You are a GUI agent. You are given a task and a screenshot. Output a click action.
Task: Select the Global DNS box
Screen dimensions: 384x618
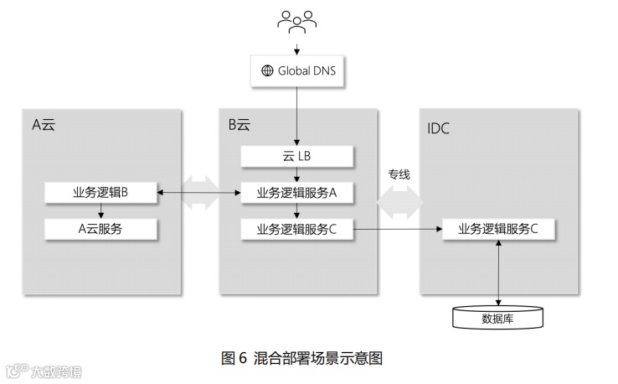pyautogui.click(x=297, y=70)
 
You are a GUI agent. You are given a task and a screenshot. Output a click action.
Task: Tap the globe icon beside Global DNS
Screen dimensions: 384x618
pyautogui.click(x=268, y=70)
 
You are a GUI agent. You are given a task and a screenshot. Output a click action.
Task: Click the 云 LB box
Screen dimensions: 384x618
pyautogui.click(x=297, y=156)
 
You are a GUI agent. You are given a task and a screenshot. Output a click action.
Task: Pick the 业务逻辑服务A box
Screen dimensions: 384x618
pyautogui.click(x=297, y=193)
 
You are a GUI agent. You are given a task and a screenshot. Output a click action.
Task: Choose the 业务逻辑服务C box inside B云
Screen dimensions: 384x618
pyautogui.click(x=297, y=228)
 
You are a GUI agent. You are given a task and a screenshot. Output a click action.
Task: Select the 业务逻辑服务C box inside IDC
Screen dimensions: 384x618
pyautogui.click(x=499, y=228)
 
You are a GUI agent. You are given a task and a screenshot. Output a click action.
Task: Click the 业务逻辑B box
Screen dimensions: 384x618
pyautogui.click(x=100, y=193)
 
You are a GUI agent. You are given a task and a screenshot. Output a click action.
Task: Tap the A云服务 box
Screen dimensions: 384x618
pyautogui.click(x=100, y=228)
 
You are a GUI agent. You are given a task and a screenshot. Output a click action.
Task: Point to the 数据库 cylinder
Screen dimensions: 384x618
pyautogui.click(x=498, y=318)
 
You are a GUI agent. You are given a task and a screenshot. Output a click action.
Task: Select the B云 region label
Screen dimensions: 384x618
pyautogui.click(x=239, y=125)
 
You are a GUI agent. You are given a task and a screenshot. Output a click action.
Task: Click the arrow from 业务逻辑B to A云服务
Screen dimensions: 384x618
pyautogui.click(x=100, y=210)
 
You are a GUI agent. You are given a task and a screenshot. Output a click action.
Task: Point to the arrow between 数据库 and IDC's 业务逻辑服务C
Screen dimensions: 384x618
pyautogui.click(x=499, y=272)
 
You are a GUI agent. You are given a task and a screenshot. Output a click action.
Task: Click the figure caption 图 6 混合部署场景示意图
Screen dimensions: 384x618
pyautogui.click(x=301, y=358)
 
